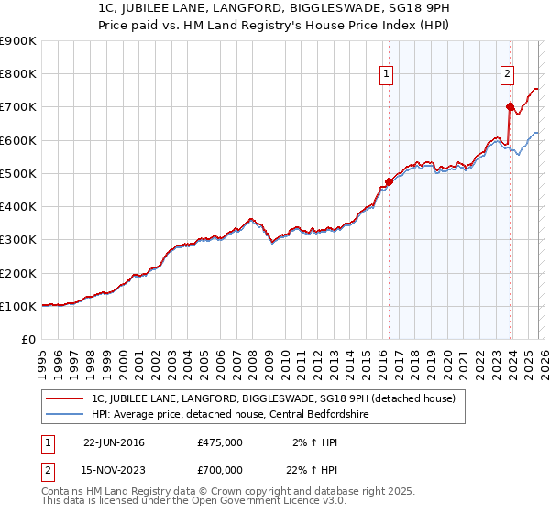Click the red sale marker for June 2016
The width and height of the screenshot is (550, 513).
(389, 181)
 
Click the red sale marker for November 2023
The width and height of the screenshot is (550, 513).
(509, 107)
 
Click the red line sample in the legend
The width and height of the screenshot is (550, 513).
(66, 398)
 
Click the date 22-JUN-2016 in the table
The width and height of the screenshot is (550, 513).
(114, 442)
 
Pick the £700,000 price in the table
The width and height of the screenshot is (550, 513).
(220, 469)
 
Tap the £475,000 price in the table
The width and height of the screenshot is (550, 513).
(220, 442)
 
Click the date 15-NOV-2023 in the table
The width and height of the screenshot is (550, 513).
(114, 469)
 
